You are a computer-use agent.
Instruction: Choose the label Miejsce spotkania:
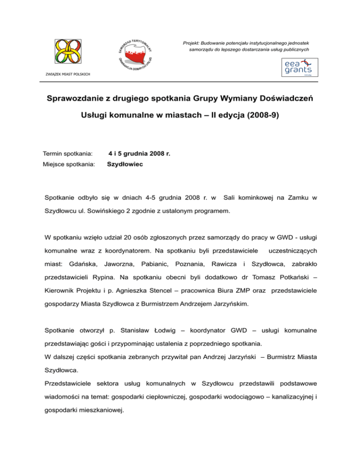click(68, 165)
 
